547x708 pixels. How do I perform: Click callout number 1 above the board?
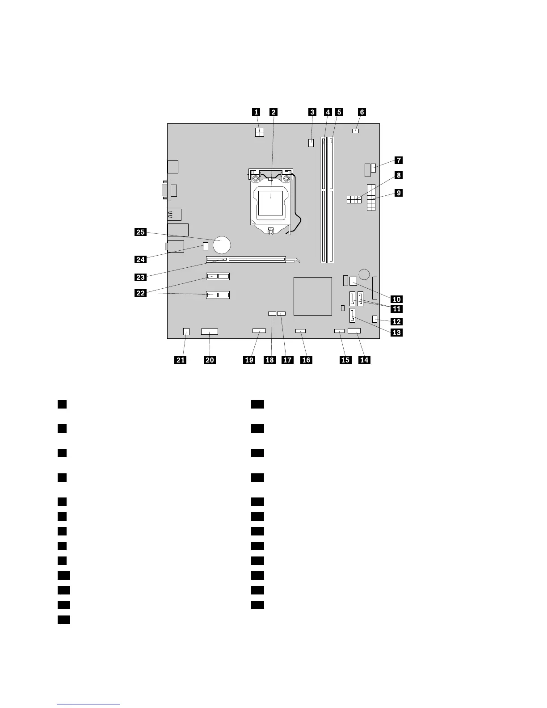256,112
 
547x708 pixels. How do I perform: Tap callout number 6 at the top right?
362,112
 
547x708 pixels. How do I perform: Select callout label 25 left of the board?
140,232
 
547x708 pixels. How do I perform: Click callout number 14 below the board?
365,360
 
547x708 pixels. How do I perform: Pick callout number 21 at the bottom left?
181,360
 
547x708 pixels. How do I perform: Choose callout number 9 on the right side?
398,193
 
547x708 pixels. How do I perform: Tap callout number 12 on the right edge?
397,321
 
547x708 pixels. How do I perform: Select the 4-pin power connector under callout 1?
260,132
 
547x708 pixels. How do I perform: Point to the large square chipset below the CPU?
313,296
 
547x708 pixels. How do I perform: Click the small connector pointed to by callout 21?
186,332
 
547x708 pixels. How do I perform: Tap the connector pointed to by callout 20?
210,332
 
